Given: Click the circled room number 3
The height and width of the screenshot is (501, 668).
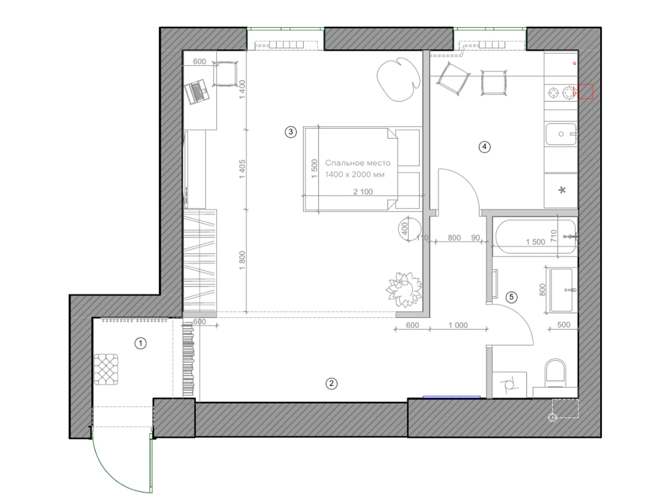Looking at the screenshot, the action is coord(290,132).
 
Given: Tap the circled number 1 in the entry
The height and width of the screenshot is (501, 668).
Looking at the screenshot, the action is coord(140,344).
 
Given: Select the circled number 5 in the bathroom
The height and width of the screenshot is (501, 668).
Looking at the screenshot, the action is coord(511,297).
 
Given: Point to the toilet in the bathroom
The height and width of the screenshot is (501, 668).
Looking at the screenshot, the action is coord(555,374).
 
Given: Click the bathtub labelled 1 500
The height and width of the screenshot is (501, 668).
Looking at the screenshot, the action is coord(535,236).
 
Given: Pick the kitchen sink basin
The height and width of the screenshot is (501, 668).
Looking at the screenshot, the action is coord(561,134).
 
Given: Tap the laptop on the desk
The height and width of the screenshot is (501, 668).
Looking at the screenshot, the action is coord(197,91).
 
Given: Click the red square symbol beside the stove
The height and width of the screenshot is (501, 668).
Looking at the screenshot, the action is coord(585,91).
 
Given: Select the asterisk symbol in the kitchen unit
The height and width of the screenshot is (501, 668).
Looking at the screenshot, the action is coord(562,190).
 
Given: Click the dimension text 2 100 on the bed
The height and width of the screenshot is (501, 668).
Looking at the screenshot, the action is coord(363,192).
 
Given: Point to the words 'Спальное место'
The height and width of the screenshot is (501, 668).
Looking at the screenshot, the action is coord(358,163).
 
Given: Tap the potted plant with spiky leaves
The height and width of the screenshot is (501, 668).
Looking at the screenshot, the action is coord(404,289).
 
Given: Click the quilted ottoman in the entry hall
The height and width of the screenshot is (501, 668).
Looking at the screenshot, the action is coord(106,369).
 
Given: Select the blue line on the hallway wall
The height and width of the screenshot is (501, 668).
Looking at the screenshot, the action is coord(452,397).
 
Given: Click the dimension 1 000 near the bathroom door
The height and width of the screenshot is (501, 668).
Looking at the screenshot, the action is coord(458,325).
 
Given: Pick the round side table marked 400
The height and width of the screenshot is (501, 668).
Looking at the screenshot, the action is coord(409,228).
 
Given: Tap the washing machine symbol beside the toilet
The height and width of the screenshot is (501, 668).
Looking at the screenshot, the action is coord(509,385).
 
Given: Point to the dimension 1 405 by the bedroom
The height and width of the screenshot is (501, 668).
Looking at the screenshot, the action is coord(242,169).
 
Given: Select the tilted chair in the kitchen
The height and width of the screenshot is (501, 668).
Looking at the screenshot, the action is coord(453,79).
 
